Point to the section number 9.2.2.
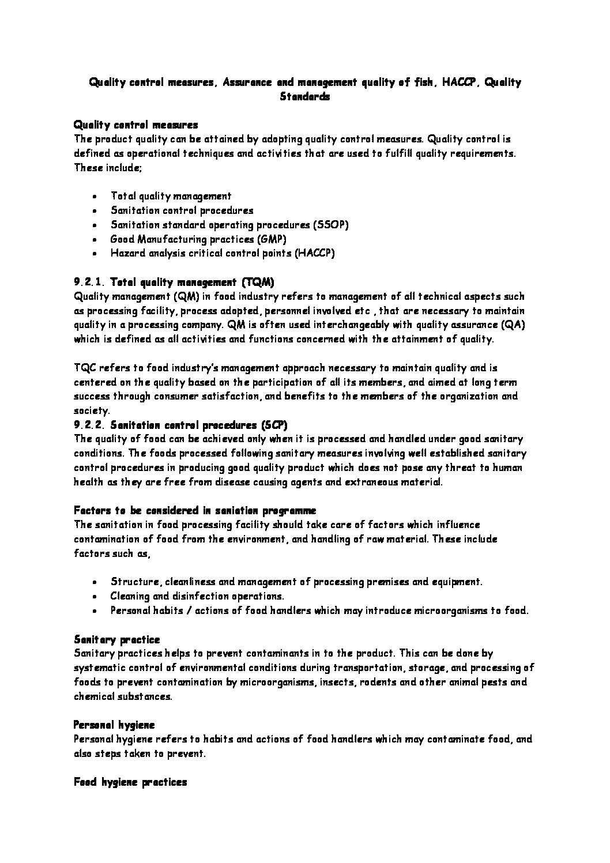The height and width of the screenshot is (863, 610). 89,425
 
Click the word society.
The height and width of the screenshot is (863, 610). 91,410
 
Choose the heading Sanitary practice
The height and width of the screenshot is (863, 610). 117,639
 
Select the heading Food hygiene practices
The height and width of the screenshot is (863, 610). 130,782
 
